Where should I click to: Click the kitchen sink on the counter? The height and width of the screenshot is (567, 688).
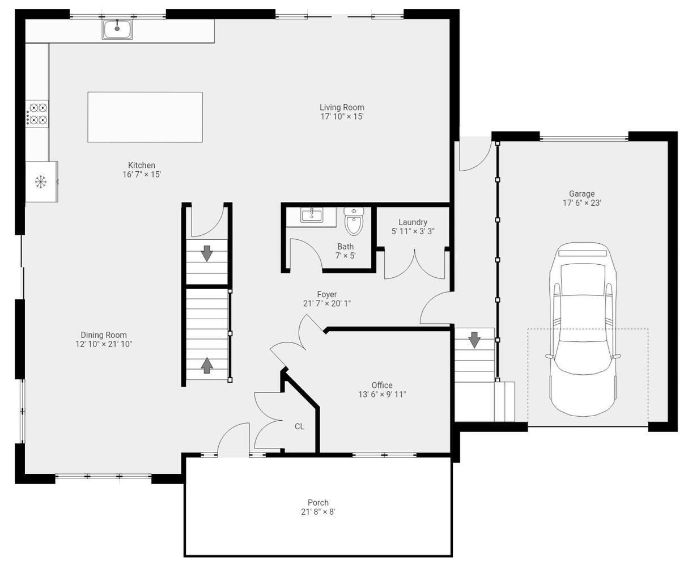pyautogui.click(x=117, y=29)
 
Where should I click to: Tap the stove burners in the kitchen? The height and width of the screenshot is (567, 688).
pyautogui.click(x=38, y=113)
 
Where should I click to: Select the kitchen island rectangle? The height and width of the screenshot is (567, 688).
pyautogui.click(x=145, y=117)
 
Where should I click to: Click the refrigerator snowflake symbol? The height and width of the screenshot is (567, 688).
pyautogui.click(x=41, y=181)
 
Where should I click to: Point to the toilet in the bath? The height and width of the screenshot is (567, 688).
pyautogui.click(x=354, y=221)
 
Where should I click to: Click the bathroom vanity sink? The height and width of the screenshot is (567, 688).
pyautogui.click(x=311, y=215)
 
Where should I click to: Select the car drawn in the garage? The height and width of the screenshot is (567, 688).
pyautogui.click(x=583, y=329)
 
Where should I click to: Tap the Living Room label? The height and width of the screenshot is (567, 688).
pyautogui.click(x=342, y=107)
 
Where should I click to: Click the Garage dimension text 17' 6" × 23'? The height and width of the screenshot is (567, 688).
pyautogui.click(x=581, y=203)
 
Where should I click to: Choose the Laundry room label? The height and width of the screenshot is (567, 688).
pyautogui.click(x=413, y=222)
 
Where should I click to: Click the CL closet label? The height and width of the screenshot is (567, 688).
pyautogui.click(x=299, y=426)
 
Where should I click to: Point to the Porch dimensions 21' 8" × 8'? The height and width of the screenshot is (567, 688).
pyautogui.click(x=318, y=512)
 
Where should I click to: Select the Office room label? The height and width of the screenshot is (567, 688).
pyautogui.click(x=382, y=385)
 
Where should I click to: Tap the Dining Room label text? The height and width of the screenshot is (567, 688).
pyautogui.click(x=104, y=335)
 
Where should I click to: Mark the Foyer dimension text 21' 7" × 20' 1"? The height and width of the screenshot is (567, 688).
pyautogui.click(x=326, y=303)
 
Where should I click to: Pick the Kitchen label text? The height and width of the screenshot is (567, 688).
pyautogui.click(x=142, y=165)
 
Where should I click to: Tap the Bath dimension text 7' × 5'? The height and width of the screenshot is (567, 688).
pyautogui.click(x=345, y=256)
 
